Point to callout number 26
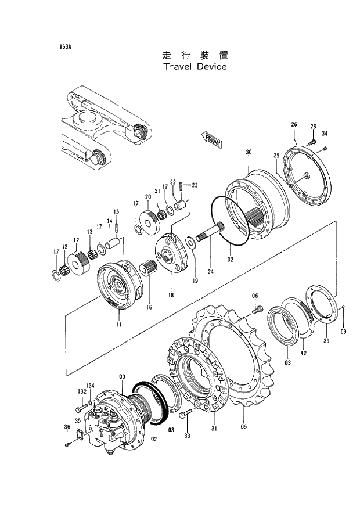[x=294, y=125]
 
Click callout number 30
[x=249, y=152]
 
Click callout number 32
[x=231, y=259]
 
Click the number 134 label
[x=91, y=385]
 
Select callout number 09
[x=343, y=331]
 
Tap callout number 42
[x=303, y=352]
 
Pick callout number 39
[x=326, y=341]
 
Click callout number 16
[x=149, y=307]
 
